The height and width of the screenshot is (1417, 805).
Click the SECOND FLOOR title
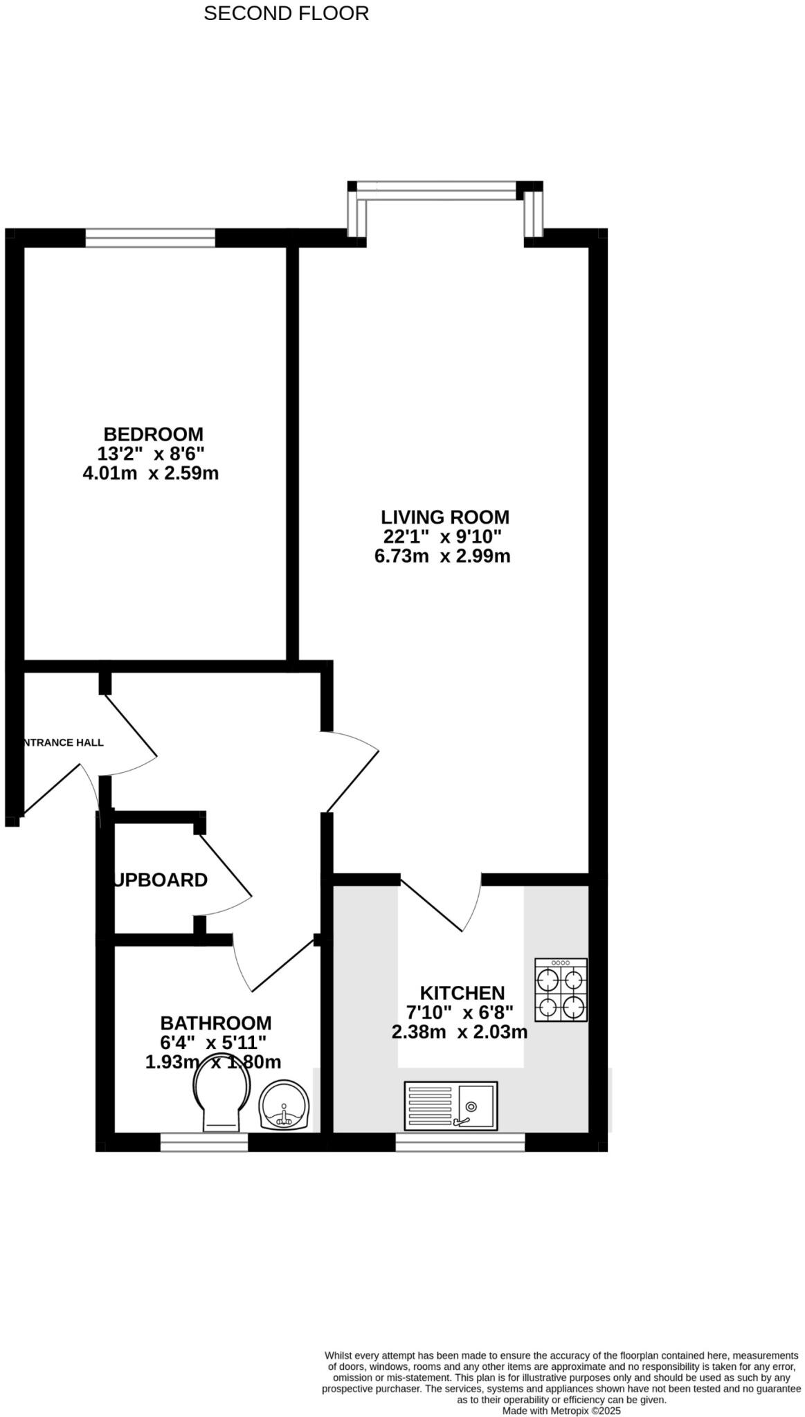click(286, 13)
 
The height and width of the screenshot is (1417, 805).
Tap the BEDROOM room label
click(153, 434)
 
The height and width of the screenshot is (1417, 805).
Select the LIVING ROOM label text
click(445, 517)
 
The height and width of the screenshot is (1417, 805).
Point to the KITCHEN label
click(462, 993)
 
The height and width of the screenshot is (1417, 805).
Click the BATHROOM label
click(216, 1023)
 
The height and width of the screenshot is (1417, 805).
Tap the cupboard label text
click(161, 880)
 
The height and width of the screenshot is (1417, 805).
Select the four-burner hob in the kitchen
click(561, 989)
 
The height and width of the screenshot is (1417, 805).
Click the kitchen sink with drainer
click(451, 1104)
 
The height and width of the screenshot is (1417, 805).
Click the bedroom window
click(150, 238)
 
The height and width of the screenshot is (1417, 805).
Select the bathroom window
click(203, 1142)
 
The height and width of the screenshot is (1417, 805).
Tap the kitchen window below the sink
click(460, 1142)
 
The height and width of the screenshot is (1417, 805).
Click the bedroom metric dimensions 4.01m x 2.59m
click(150, 474)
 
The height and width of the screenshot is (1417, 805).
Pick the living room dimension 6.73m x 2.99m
click(442, 556)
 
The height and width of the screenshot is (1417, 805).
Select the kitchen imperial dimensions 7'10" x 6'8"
click(460, 1012)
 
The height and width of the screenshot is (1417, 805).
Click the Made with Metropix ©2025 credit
click(561, 1411)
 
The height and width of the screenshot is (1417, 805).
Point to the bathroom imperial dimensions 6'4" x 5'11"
click(213, 1042)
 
